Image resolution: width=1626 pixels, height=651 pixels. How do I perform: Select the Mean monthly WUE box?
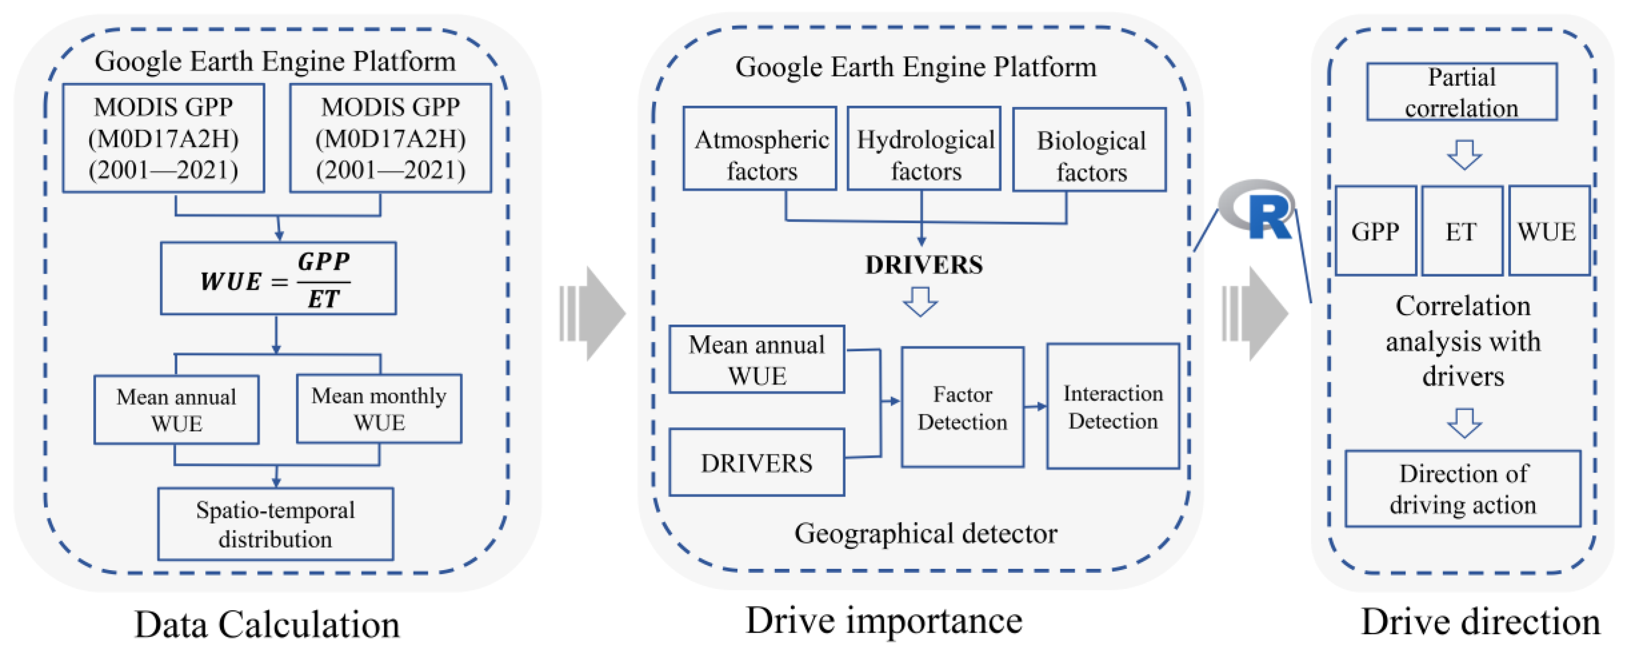[379, 409]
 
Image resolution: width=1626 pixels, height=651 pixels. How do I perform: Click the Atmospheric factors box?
[760, 149]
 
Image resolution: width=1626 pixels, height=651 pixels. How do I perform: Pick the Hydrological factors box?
[924, 149]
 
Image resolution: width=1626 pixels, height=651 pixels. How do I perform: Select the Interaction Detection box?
[1113, 406]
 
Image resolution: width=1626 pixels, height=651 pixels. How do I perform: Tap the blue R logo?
[1259, 211]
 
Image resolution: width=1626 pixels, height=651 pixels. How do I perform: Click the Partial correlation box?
[1461, 92]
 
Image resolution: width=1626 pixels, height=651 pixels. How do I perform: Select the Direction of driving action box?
[1463, 489]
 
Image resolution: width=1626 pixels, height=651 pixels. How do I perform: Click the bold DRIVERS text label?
[924, 265]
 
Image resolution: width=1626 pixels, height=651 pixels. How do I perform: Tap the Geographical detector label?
[925, 534]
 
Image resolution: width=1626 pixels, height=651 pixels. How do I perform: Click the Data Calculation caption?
[267, 624]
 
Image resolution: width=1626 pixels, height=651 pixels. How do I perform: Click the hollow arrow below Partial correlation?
[1464, 155]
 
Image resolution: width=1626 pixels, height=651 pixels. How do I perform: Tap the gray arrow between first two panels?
[594, 314]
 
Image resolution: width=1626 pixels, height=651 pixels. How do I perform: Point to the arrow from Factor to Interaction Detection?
[1035, 406]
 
